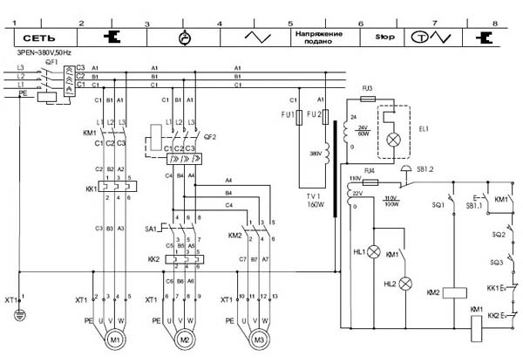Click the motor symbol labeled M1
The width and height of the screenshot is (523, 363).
(x=115, y=339)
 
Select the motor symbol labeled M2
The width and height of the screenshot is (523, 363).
(x=183, y=339)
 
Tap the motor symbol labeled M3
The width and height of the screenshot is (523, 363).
(x=257, y=339)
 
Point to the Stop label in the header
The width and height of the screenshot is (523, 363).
(x=384, y=38)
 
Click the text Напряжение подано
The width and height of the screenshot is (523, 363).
(x=317, y=38)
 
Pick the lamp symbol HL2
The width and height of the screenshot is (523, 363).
(x=405, y=284)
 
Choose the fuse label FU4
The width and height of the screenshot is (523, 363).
(x=369, y=170)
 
